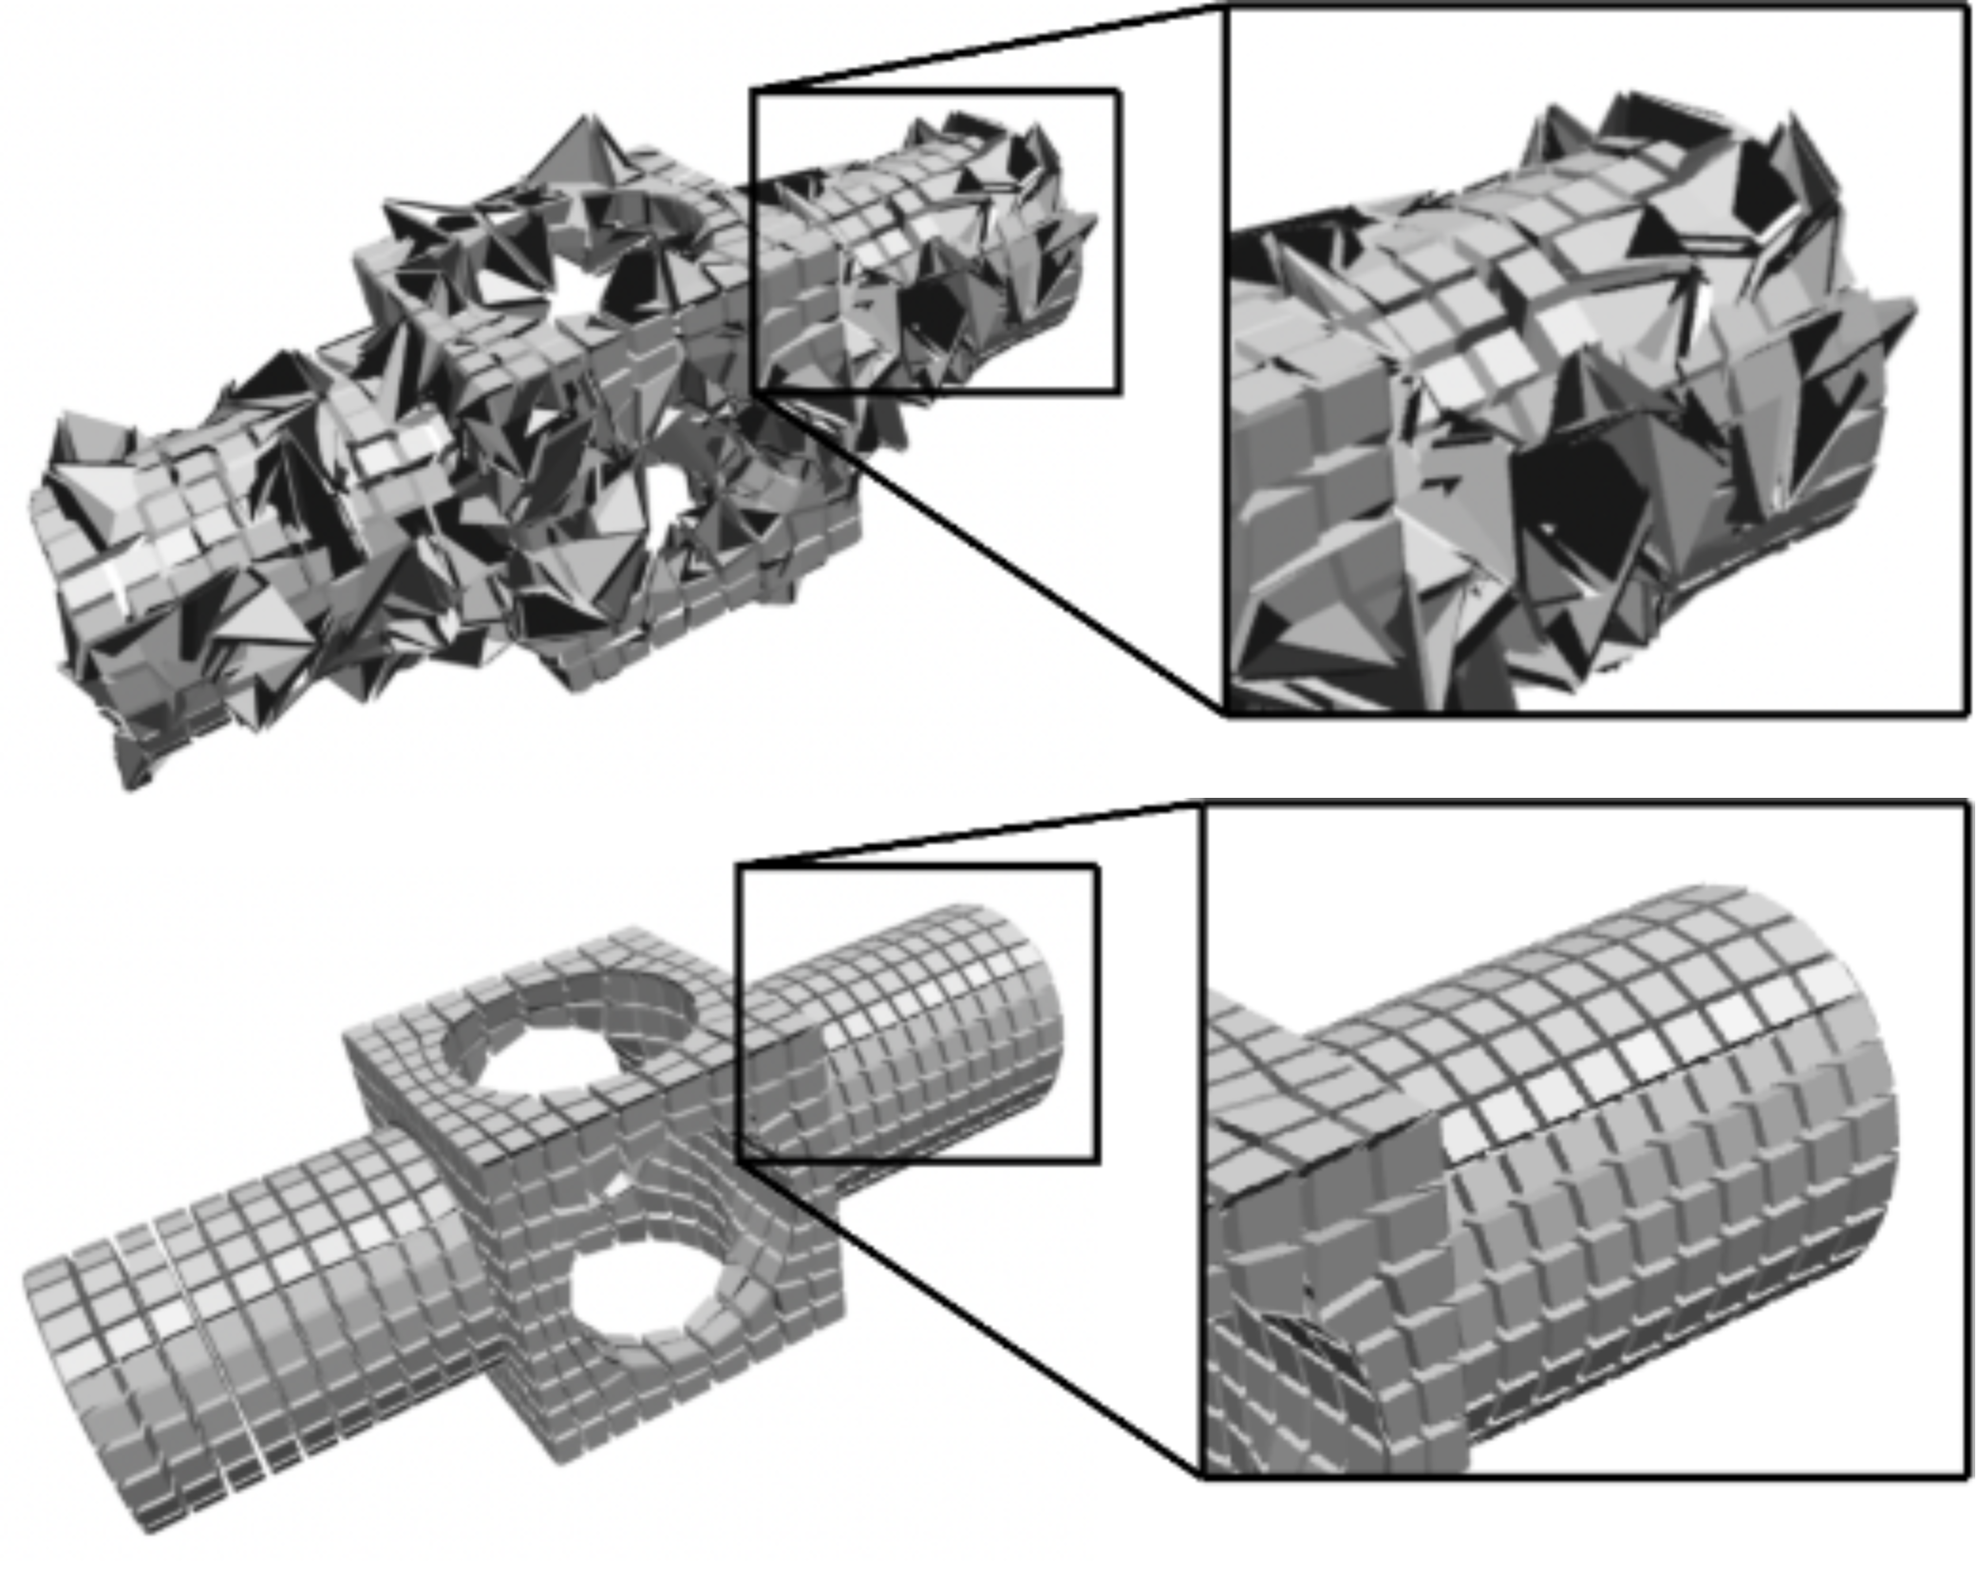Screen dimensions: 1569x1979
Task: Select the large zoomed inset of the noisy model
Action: point(1595,361)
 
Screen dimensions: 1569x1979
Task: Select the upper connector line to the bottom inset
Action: point(969,836)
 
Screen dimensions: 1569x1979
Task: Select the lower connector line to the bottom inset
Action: point(969,1320)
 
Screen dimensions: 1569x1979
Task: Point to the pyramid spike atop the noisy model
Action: point(579,152)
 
